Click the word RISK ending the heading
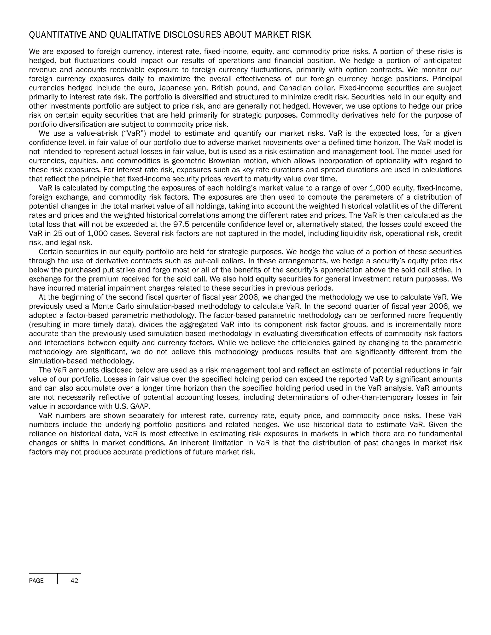click(303, 35)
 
